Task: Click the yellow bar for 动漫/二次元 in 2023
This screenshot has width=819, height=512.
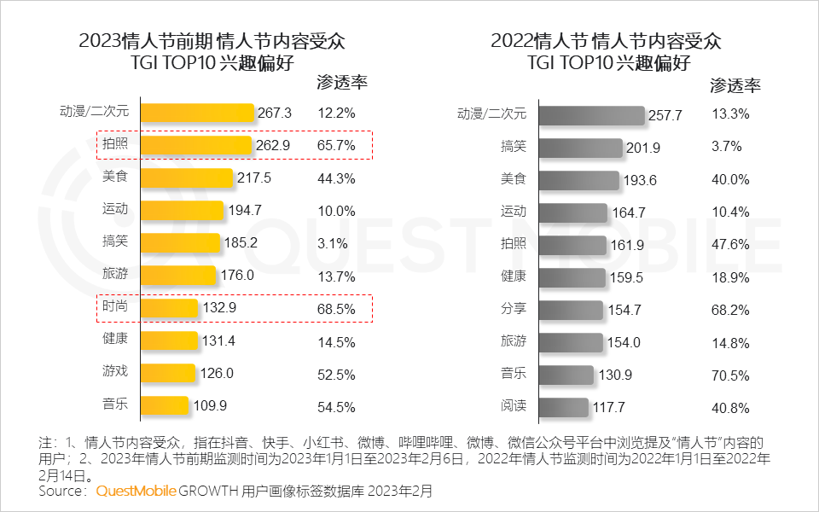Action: [x=197, y=113]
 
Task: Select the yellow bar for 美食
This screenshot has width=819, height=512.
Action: [x=186, y=177]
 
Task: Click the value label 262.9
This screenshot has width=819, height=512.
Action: [x=273, y=145]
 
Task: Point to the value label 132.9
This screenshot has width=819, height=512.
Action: [x=219, y=307]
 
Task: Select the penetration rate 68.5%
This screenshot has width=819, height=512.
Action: [x=336, y=307]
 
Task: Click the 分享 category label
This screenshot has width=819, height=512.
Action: [x=514, y=309]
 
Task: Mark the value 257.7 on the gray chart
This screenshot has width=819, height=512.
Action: [x=665, y=115]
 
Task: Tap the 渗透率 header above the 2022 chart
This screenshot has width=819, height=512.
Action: [x=735, y=85]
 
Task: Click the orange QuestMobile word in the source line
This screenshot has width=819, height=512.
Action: [x=136, y=491]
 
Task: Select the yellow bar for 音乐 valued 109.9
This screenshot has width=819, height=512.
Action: [x=164, y=404]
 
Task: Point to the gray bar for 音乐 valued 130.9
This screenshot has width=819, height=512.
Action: [x=566, y=375]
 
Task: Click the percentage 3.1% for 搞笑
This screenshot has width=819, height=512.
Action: [x=332, y=242]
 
